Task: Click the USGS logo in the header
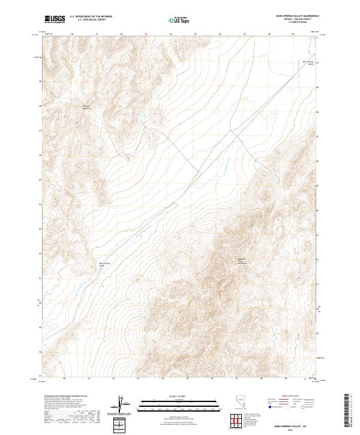click(x=55, y=19)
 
